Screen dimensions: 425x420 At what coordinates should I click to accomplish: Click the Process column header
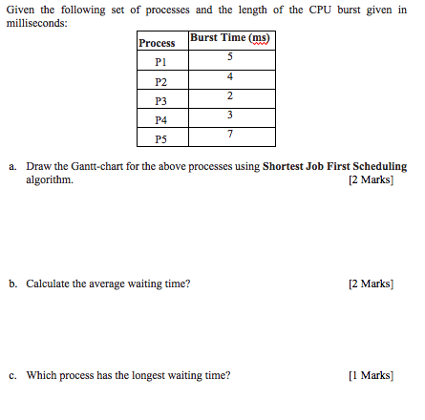157,43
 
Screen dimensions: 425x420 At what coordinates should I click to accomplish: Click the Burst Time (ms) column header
229,38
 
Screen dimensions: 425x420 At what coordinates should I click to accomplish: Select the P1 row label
159,60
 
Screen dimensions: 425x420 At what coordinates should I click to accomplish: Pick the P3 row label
159,100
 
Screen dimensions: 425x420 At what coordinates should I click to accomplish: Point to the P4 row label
159,120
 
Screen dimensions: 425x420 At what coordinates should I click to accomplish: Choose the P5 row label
159,139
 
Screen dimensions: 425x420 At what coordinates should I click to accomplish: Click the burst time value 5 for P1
229,56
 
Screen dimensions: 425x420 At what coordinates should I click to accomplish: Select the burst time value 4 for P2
229,75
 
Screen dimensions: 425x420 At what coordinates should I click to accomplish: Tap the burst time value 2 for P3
229,95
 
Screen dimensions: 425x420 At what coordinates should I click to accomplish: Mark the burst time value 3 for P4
229,115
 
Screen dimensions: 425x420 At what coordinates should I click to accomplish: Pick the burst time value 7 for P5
229,135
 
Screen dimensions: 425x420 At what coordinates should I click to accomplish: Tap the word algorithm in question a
49,178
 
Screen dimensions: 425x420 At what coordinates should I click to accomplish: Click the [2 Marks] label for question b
372,283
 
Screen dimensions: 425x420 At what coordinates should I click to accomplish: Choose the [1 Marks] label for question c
372,375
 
